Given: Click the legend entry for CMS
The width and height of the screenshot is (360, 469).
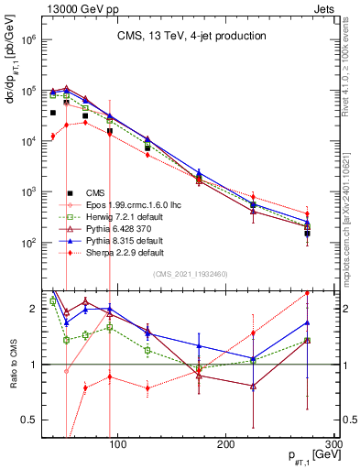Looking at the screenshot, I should tap(85, 191).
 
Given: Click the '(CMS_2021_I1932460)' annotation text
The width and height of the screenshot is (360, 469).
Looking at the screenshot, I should tap(191, 273).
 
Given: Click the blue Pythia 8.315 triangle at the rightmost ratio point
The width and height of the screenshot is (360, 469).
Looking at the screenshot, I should tap(307, 322).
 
